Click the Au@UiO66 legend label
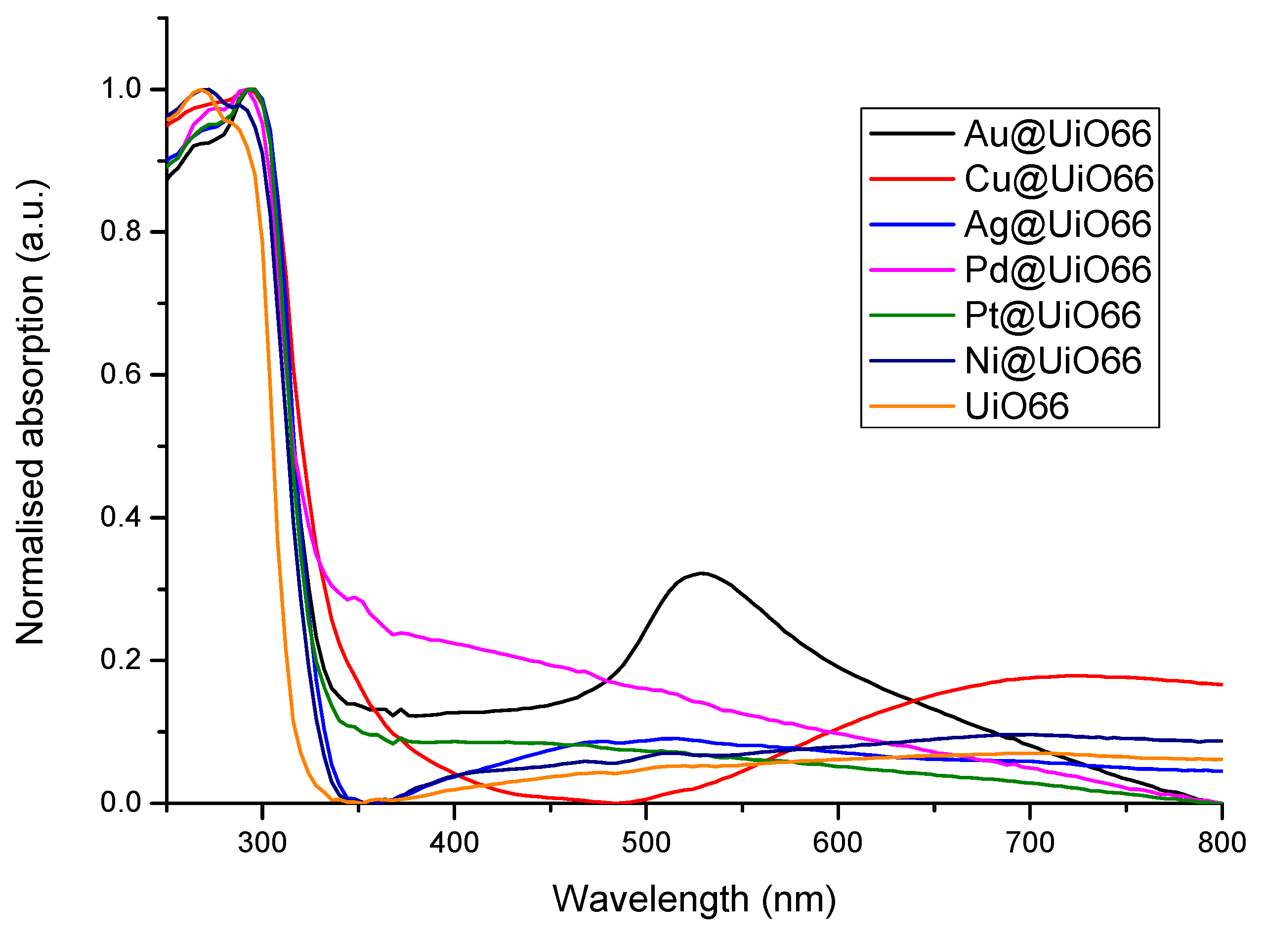pyautogui.click(x=1057, y=134)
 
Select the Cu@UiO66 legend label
pyautogui.click(x=1058, y=179)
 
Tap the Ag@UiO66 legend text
pyautogui.click(x=1057, y=225)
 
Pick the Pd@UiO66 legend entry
pyautogui.click(x=1057, y=269)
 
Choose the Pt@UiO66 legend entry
pyautogui.click(x=1052, y=315)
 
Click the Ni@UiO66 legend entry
pyautogui.click(x=1053, y=361)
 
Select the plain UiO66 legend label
pyautogui.click(x=1016, y=406)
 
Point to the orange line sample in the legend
pyautogui.click(x=912, y=406)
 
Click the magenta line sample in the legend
pyautogui.click(x=912, y=269)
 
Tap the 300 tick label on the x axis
pyautogui.click(x=262, y=843)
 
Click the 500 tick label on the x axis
pyautogui.click(x=646, y=843)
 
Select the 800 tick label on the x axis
pyautogui.click(x=1221, y=843)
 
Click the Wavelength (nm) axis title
pyautogui.click(x=694, y=899)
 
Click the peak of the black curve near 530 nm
pyautogui.click(x=702, y=573)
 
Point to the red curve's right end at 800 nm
pyautogui.click(x=1221, y=684)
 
